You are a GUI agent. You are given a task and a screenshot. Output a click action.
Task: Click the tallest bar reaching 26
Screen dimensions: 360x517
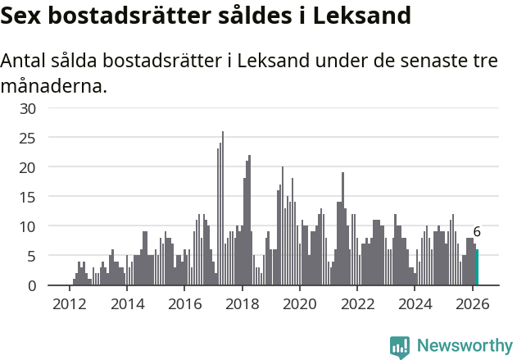(x=223, y=209)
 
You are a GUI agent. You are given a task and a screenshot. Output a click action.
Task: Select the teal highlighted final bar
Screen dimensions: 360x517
(x=478, y=267)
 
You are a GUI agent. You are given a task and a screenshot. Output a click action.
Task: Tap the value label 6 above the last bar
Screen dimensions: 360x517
(x=477, y=232)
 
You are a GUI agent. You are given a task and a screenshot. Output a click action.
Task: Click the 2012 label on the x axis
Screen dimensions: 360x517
(x=69, y=303)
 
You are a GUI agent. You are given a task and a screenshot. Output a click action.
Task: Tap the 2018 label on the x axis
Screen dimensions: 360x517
(x=242, y=303)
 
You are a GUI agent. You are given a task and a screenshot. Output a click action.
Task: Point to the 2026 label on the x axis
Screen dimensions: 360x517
(x=473, y=303)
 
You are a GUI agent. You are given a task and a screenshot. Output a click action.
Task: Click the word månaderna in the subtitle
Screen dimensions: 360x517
(x=52, y=86)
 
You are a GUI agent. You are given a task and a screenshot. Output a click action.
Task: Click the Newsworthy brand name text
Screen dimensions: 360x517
(x=465, y=346)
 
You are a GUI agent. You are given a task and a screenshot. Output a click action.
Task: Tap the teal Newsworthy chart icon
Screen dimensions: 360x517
(x=400, y=347)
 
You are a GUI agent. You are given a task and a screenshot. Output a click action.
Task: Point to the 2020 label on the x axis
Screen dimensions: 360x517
(x=300, y=303)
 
